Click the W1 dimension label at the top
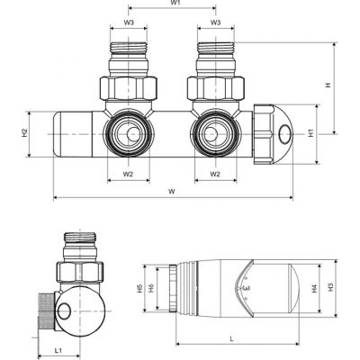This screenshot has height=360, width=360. point(176,4)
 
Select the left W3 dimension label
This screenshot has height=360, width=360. point(128,22)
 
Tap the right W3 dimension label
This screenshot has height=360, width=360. point(215,22)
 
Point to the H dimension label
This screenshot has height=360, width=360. point(328,85)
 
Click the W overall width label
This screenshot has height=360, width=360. point(172,191)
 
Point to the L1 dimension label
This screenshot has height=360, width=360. point(57,348)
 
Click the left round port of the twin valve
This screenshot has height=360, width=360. point(128,133)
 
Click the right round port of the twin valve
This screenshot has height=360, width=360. point(215,133)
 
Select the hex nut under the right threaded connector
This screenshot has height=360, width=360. point(215,86)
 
